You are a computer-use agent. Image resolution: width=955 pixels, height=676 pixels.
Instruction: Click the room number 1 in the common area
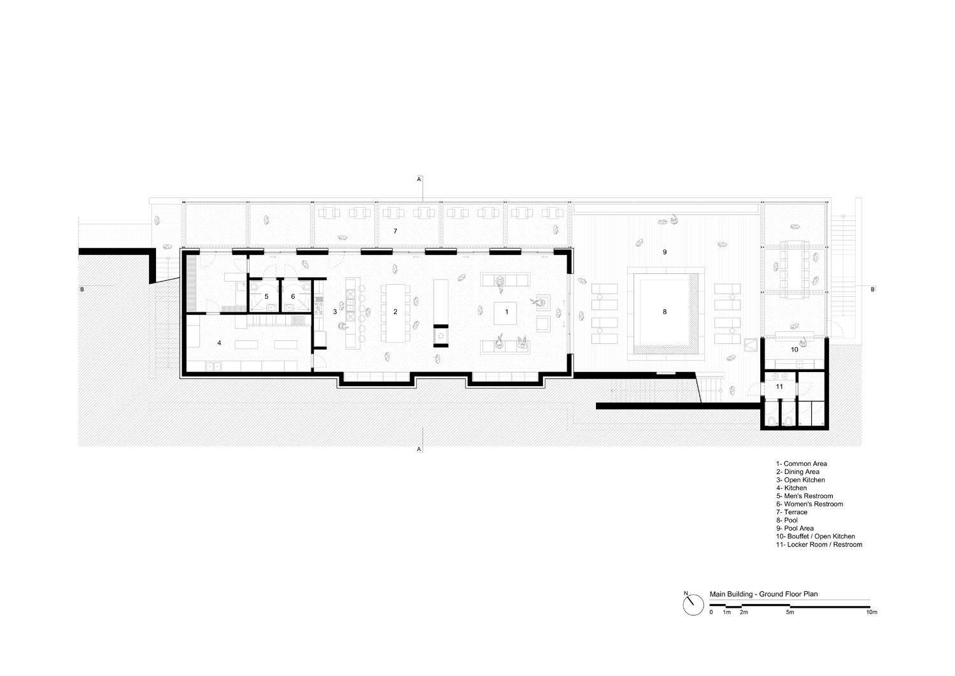coord(507,312)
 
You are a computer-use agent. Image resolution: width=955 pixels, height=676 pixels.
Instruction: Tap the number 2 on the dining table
coord(395,312)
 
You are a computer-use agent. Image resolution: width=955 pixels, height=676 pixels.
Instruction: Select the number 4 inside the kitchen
coord(219,343)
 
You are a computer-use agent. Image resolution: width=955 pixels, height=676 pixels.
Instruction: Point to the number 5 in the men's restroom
coord(267,297)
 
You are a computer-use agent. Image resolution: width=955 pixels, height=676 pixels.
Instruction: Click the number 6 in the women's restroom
coord(293,297)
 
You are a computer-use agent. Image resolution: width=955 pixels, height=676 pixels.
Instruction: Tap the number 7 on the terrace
coord(395,231)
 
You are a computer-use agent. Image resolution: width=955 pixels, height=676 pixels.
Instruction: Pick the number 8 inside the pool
coord(665,312)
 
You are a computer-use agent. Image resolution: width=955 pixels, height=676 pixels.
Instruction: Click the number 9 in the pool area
coord(665,252)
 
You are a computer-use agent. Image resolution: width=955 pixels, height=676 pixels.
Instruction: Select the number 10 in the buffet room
coord(795,350)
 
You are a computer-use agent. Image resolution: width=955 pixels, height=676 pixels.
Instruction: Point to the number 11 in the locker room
coord(779,387)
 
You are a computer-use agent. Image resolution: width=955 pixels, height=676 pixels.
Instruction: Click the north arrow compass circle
coord(693,605)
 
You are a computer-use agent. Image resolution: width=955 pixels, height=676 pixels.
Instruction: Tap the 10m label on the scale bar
coord(872,612)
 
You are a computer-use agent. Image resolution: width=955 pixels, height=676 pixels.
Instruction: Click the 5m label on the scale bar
coord(790,612)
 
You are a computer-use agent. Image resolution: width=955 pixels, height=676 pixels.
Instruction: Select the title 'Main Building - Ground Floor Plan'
coord(763,594)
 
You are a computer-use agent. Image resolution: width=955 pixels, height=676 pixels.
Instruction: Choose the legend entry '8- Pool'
coord(786,521)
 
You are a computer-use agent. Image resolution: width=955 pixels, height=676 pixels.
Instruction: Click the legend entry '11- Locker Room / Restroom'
coord(819,545)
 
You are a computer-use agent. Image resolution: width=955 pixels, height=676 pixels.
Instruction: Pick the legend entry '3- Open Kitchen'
coord(800,480)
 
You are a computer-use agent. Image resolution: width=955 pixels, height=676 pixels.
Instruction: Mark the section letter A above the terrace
coord(419,179)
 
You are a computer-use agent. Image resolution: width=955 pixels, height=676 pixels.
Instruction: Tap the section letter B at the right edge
coord(873,289)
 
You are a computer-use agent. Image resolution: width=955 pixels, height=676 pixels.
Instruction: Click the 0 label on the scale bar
coord(711,612)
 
